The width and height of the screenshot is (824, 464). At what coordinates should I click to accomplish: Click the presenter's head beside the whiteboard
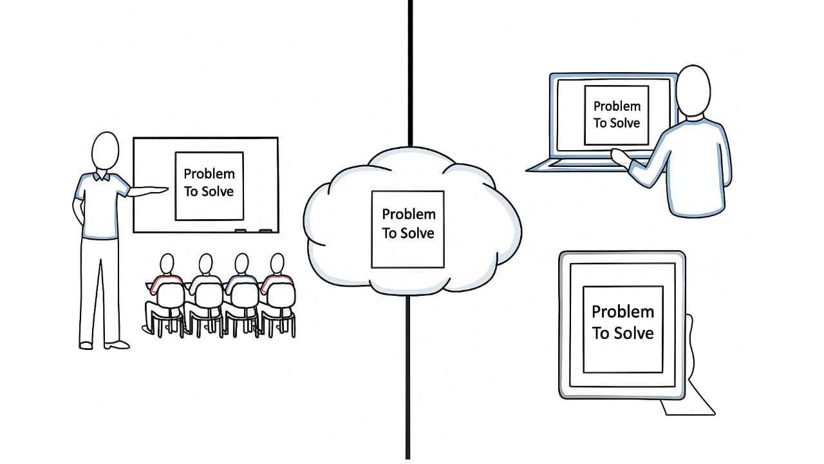(x=105, y=151)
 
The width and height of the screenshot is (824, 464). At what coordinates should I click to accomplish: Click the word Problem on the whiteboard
(x=209, y=173)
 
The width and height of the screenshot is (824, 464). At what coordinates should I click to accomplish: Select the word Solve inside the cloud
(x=418, y=233)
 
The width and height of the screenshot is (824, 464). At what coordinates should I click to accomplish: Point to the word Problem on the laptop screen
(x=617, y=106)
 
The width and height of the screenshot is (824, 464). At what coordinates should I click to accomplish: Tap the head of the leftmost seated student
(x=167, y=264)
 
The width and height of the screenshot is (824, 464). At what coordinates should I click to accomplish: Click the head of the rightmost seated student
(x=277, y=264)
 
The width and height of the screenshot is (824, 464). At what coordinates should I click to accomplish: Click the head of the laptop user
(x=694, y=91)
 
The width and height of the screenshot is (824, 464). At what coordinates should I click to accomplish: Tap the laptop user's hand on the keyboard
(x=621, y=157)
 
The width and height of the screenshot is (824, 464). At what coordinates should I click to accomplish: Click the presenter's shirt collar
(x=102, y=176)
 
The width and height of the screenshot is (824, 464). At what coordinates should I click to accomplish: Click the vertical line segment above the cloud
(x=409, y=71)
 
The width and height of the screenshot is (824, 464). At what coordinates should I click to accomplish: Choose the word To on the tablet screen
(x=600, y=333)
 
